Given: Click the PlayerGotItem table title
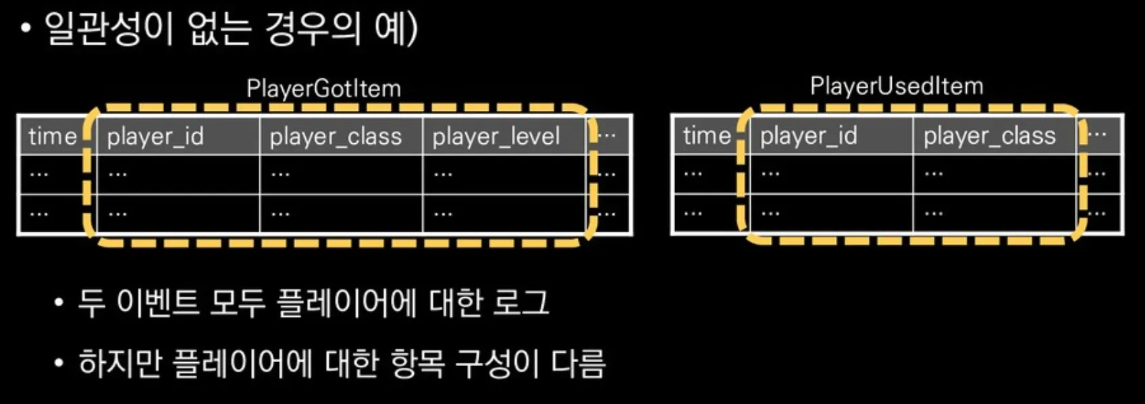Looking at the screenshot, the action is pyautogui.click(x=323, y=89).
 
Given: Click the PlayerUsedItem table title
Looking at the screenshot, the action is pyautogui.click(x=896, y=86).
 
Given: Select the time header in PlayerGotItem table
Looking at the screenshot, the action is pyautogui.click(x=53, y=136).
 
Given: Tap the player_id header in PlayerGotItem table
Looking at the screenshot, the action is pyautogui.click(x=155, y=136).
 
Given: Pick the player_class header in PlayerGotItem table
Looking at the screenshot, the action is pyautogui.click(x=336, y=136).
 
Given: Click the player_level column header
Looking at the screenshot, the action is pyautogui.click(x=496, y=136).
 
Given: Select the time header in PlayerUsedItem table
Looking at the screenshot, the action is pyautogui.click(x=707, y=136).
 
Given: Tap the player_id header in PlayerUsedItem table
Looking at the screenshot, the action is pyautogui.click(x=808, y=136).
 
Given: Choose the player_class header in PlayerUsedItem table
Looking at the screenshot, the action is pyautogui.click(x=989, y=136).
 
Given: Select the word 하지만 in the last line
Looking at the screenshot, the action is pyautogui.click(x=120, y=363).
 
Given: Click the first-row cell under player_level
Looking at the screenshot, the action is pyautogui.click(x=504, y=174).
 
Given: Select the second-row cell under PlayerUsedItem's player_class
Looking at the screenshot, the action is pyautogui.click(x=994, y=213).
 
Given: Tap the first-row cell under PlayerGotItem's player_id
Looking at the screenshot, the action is pyautogui.click(x=178, y=174).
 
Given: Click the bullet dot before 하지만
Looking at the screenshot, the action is pyautogui.click(x=60, y=364).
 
